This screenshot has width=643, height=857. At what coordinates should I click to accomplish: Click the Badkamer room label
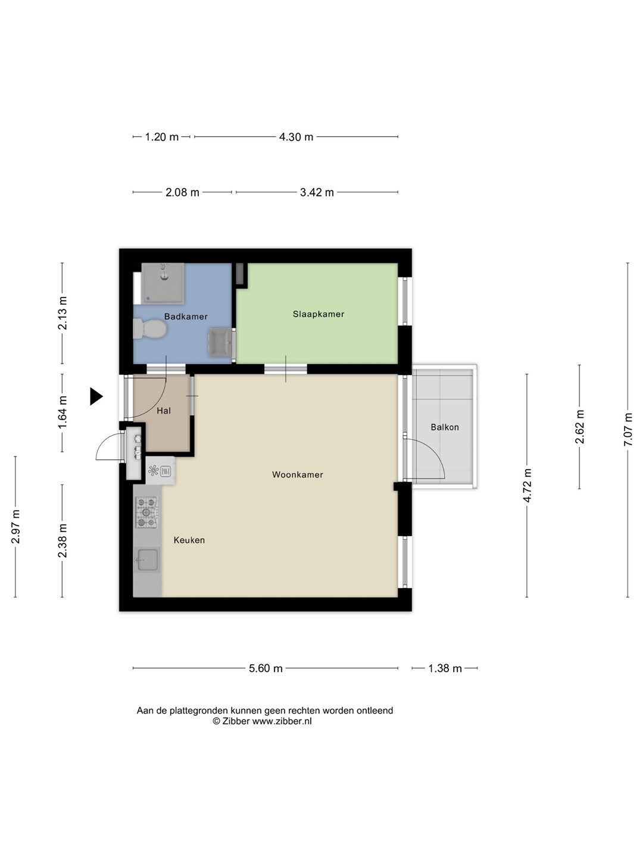pos(185,316)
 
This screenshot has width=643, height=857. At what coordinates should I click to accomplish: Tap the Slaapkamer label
pos(319,314)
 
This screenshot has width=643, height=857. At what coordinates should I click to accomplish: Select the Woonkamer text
pos(298,475)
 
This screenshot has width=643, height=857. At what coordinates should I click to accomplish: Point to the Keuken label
pos(189,540)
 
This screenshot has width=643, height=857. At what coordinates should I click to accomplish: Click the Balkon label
pos(445,427)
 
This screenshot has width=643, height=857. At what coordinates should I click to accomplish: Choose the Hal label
pos(164,411)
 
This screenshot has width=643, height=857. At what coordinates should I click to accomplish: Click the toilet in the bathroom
pos(150,329)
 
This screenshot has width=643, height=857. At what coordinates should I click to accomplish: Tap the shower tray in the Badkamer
pos(163,283)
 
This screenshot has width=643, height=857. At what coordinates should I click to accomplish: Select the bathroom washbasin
pos(220,342)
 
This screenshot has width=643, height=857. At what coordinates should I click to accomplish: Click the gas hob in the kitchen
pos(147,512)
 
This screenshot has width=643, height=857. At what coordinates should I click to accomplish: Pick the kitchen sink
pos(147,560)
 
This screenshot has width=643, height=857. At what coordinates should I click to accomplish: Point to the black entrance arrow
pos(96,396)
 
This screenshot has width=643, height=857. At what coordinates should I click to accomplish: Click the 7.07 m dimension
pos(628,430)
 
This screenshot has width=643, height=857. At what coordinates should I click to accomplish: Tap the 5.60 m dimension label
pos(266,668)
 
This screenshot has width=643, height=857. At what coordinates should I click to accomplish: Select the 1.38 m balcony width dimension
pos(445,668)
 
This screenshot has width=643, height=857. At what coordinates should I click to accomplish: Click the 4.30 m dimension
pos(296,137)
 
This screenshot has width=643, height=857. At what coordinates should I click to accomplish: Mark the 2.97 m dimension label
pos(15,527)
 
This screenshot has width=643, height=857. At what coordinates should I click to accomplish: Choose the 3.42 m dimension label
pos(317,192)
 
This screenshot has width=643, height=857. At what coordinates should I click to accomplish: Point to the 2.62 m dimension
pos(579,427)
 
